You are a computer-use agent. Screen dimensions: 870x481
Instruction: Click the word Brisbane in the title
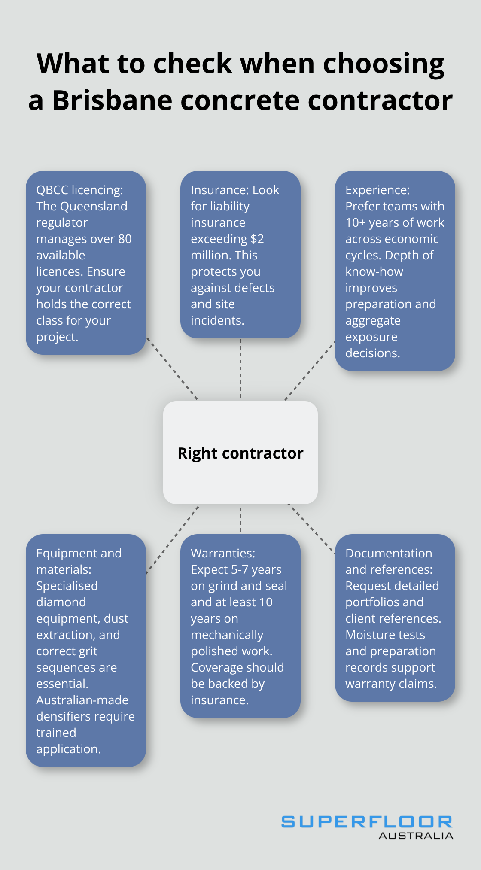(x=112, y=100)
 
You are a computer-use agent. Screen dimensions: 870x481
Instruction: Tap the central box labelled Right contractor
(x=240, y=453)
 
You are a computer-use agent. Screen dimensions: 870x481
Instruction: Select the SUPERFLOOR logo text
(x=367, y=822)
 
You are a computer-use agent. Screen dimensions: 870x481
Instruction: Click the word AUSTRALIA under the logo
(x=416, y=836)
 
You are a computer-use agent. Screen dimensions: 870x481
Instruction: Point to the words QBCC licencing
(x=79, y=190)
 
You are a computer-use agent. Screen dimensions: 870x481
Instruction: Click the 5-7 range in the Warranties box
(x=240, y=569)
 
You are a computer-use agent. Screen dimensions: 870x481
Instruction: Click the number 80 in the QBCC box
(x=125, y=239)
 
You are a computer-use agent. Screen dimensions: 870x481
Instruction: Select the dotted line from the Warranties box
(x=240, y=519)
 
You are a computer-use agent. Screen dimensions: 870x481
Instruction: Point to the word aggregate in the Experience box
(x=373, y=320)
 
